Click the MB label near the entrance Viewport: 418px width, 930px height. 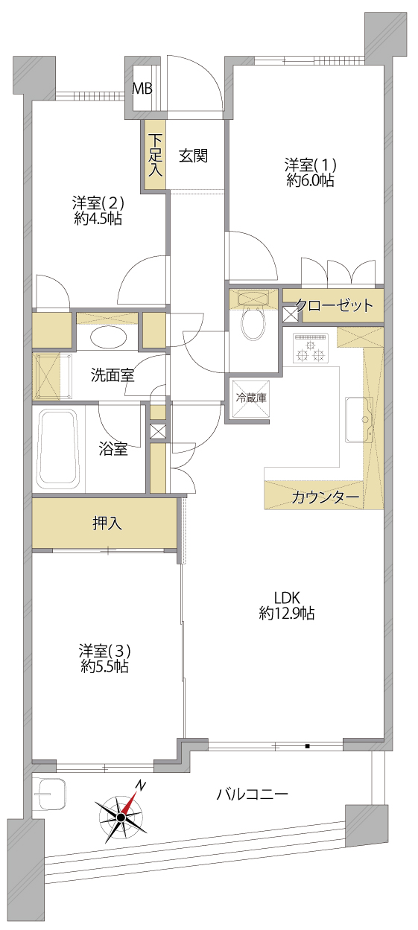[x=142, y=89]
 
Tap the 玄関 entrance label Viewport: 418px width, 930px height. [x=193, y=156]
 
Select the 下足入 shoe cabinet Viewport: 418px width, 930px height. [x=155, y=155]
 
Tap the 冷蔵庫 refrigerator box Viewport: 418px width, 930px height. [x=251, y=398]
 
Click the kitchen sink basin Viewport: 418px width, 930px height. [x=359, y=420]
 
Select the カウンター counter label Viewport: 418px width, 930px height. [x=325, y=497]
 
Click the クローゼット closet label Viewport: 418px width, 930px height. [x=335, y=305]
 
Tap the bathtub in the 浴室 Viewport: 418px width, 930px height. [x=58, y=450]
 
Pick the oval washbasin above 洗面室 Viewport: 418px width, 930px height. [x=108, y=337]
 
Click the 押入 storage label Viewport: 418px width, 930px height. [x=107, y=523]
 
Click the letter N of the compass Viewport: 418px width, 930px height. [x=142, y=783]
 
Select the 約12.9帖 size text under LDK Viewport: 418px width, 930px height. [x=287, y=613]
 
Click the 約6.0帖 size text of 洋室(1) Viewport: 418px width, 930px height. [x=311, y=180]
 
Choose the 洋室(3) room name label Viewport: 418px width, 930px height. [x=105, y=650]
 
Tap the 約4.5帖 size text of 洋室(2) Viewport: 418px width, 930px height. [x=98, y=218]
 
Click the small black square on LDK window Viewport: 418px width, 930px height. [x=307, y=747]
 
